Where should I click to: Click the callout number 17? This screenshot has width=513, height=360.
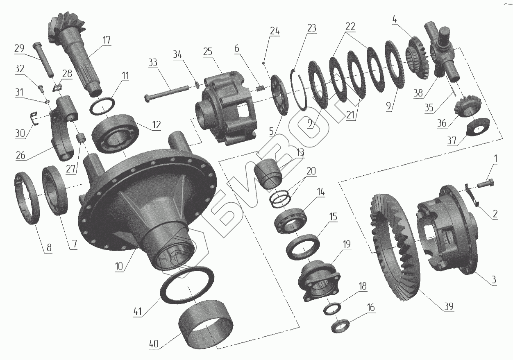click(x=107, y=40)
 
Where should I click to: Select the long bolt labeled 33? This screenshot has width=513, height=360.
click(x=166, y=94)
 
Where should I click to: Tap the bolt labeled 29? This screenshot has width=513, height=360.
click(x=43, y=59)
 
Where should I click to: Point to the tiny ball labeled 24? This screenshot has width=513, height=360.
click(x=264, y=63)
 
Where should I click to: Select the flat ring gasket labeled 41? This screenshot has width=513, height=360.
click(x=187, y=285)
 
